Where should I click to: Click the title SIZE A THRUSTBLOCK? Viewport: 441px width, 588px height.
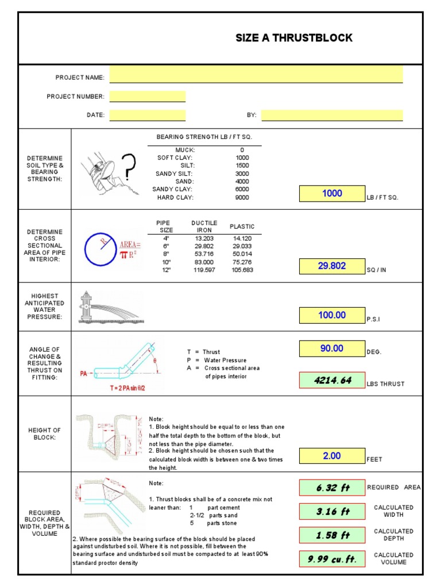click(294, 38)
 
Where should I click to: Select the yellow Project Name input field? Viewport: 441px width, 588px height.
click(256, 75)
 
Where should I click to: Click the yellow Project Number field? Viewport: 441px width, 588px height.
click(147, 96)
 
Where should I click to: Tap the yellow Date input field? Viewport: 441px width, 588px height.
click(147, 115)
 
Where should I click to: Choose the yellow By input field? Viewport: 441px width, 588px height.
click(332, 115)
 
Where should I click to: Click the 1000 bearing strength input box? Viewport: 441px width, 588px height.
click(332, 194)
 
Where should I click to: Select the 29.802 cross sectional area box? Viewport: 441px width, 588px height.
click(332, 266)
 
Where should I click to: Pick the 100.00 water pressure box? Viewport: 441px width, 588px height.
click(332, 315)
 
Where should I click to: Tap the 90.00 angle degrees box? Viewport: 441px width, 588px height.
click(332, 349)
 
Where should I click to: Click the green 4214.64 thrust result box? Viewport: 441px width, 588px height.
click(332, 380)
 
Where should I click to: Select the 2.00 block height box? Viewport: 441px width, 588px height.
click(332, 456)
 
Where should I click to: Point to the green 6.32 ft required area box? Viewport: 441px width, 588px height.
click(332, 488)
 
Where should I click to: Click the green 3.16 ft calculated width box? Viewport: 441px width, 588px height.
click(332, 511)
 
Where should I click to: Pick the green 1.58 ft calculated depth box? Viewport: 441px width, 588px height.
click(332, 535)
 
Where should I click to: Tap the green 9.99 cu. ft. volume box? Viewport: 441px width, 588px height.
click(332, 559)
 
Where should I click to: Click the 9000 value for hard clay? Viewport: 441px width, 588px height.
click(242, 198)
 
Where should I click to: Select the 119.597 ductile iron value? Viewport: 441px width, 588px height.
click(204, 270)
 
